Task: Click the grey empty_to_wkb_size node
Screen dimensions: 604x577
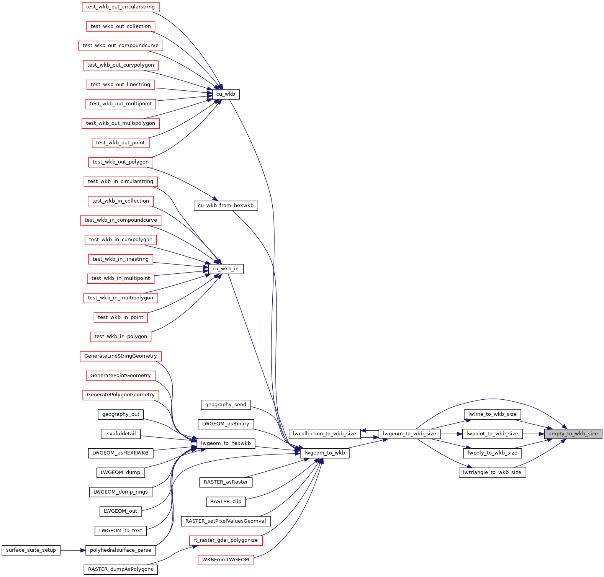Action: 573,434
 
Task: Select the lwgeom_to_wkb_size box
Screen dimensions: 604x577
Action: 409,434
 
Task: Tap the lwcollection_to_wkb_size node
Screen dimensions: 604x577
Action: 325,434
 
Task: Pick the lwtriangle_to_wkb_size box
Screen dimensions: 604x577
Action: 492,472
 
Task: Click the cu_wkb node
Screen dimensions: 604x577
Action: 226,94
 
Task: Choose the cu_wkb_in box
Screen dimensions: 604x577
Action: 226,269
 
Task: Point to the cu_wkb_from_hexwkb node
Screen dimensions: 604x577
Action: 226,206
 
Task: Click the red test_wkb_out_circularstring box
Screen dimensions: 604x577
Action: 121,7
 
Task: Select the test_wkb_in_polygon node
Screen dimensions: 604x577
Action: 121,337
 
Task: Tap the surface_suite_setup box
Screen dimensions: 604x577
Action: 31,550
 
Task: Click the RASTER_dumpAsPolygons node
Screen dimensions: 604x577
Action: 121,569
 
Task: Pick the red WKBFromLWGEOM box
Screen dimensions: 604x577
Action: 226,560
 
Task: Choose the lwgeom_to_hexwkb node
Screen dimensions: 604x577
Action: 226,443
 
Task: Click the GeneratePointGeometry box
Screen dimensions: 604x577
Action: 121,376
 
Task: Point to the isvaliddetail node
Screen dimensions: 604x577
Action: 121,434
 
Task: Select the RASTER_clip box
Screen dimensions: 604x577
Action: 226,502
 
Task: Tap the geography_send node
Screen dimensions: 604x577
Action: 226,405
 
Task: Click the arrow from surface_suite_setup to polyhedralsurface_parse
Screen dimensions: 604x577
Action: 73,550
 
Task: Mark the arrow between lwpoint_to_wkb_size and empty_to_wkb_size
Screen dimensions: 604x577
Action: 534,434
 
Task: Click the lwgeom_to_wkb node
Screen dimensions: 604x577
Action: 325,453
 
